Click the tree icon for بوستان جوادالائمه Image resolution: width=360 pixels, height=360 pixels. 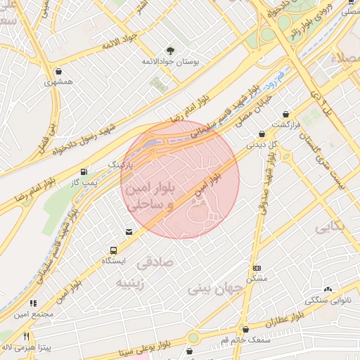170,50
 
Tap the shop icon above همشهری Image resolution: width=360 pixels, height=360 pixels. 57,70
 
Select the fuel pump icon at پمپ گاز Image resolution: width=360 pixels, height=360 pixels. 84,171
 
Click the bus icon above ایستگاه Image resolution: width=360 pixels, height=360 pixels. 112,250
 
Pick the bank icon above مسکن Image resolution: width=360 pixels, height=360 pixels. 257,268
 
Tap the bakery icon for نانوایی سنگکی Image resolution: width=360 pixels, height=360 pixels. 328,288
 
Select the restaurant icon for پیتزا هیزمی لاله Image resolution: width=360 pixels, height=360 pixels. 27,336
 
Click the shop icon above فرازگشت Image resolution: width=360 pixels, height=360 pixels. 285,114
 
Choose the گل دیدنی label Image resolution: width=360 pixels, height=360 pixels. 262,144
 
